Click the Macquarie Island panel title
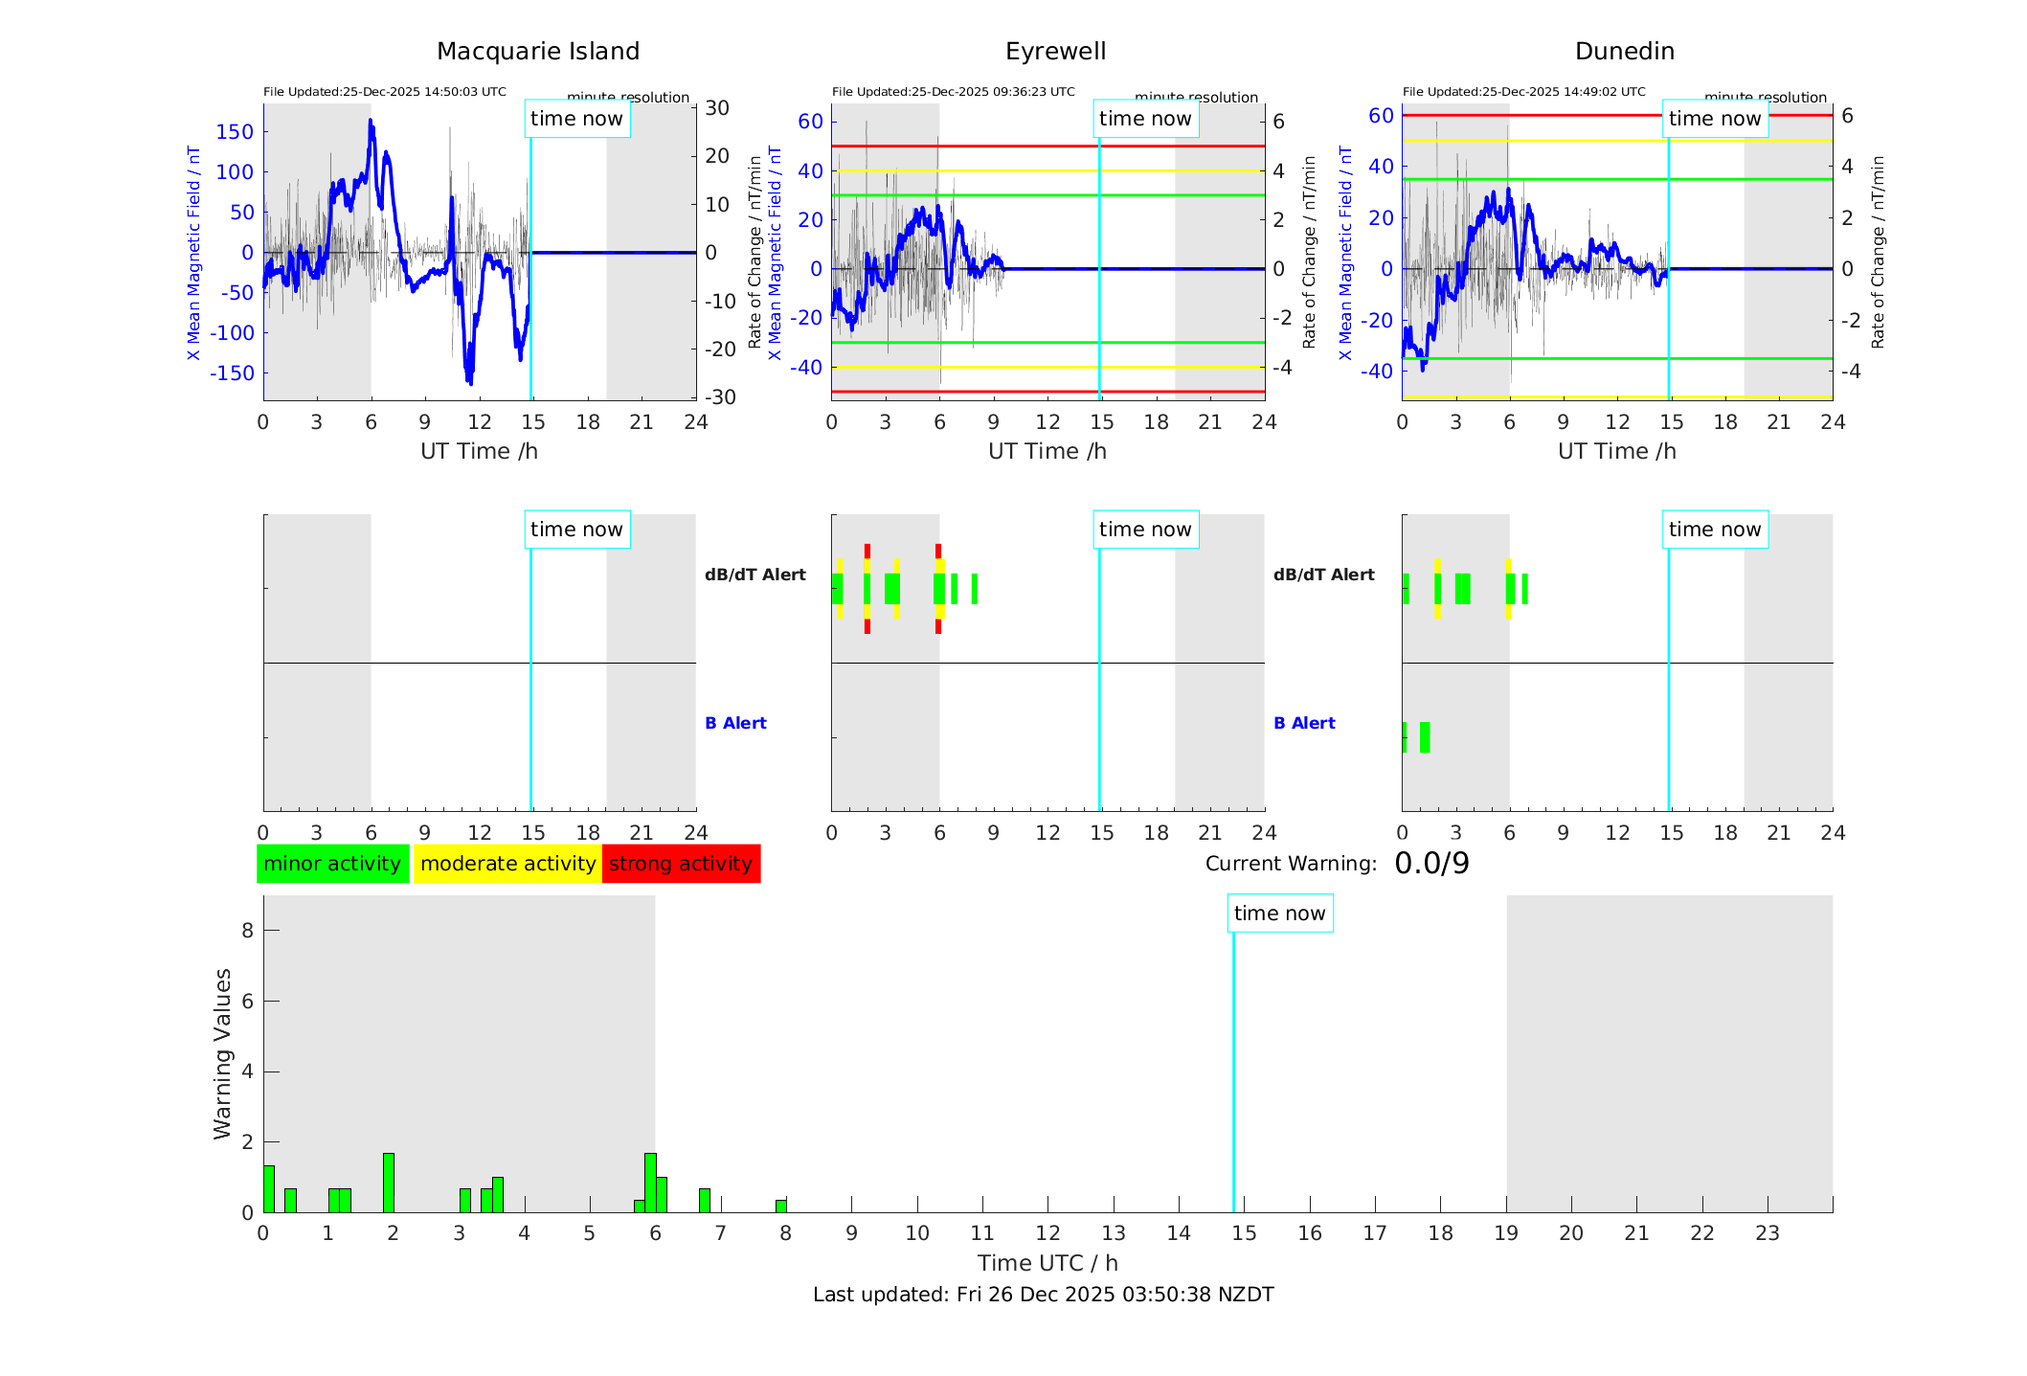(538, 52)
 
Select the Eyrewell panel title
(1055, 52)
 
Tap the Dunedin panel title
(1624, 52)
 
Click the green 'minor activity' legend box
(332, 864)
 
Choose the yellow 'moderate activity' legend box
(507, 864)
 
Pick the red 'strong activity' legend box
(681, 864)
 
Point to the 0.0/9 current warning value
(1431, 864)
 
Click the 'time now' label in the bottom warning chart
(1279, 914)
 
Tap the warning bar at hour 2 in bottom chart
(389, 1183)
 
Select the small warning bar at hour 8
(781, 1206)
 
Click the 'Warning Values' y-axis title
(223, 1053)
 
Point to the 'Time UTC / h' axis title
(1047, 1263)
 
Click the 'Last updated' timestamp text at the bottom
(1043, 1295)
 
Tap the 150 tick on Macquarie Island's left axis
(235, 132)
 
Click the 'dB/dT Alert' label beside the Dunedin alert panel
(1323, 575)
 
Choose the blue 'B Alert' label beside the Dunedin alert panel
(1304, 723)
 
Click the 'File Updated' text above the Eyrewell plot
(953, 92)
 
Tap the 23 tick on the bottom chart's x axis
(1767, 1233)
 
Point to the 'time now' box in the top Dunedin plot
(1714, 119)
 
